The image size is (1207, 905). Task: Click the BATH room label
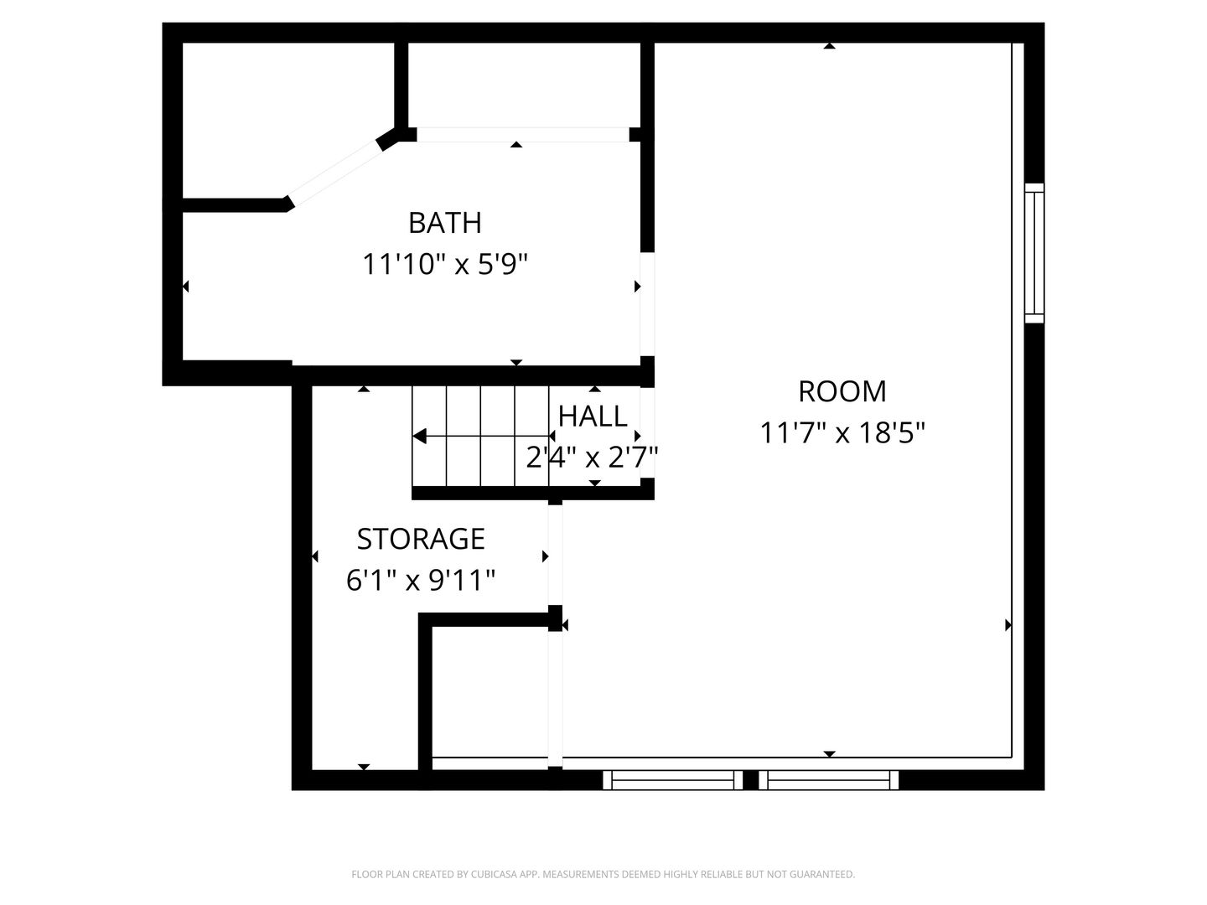tap(445, 223)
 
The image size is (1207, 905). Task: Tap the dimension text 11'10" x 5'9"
tap(445, 264)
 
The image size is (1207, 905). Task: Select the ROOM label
tap(842, 391)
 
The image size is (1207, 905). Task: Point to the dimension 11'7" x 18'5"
tap(842, 432)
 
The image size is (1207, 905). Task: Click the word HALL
tap(593, 416)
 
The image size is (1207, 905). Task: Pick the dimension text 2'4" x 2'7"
tap(592, 458)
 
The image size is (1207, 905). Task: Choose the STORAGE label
tap(421, 539)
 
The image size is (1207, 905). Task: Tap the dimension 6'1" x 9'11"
tap(421, 580)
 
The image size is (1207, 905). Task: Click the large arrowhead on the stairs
tap(420, 437)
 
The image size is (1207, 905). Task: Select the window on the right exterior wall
tap(1033, 253)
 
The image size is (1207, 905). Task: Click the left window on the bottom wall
tap(672, 779)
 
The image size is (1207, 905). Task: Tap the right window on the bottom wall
tap(828, 779)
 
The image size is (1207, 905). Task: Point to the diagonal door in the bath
tap(335, 170)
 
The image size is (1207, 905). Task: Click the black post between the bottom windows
tap(750, 779)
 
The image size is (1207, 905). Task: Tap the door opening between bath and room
tap(647, 304)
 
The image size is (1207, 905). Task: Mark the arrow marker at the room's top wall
tap(829, 46)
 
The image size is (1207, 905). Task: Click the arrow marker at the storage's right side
tap(545, 556)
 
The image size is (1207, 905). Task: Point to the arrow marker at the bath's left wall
tap(186, 287)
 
